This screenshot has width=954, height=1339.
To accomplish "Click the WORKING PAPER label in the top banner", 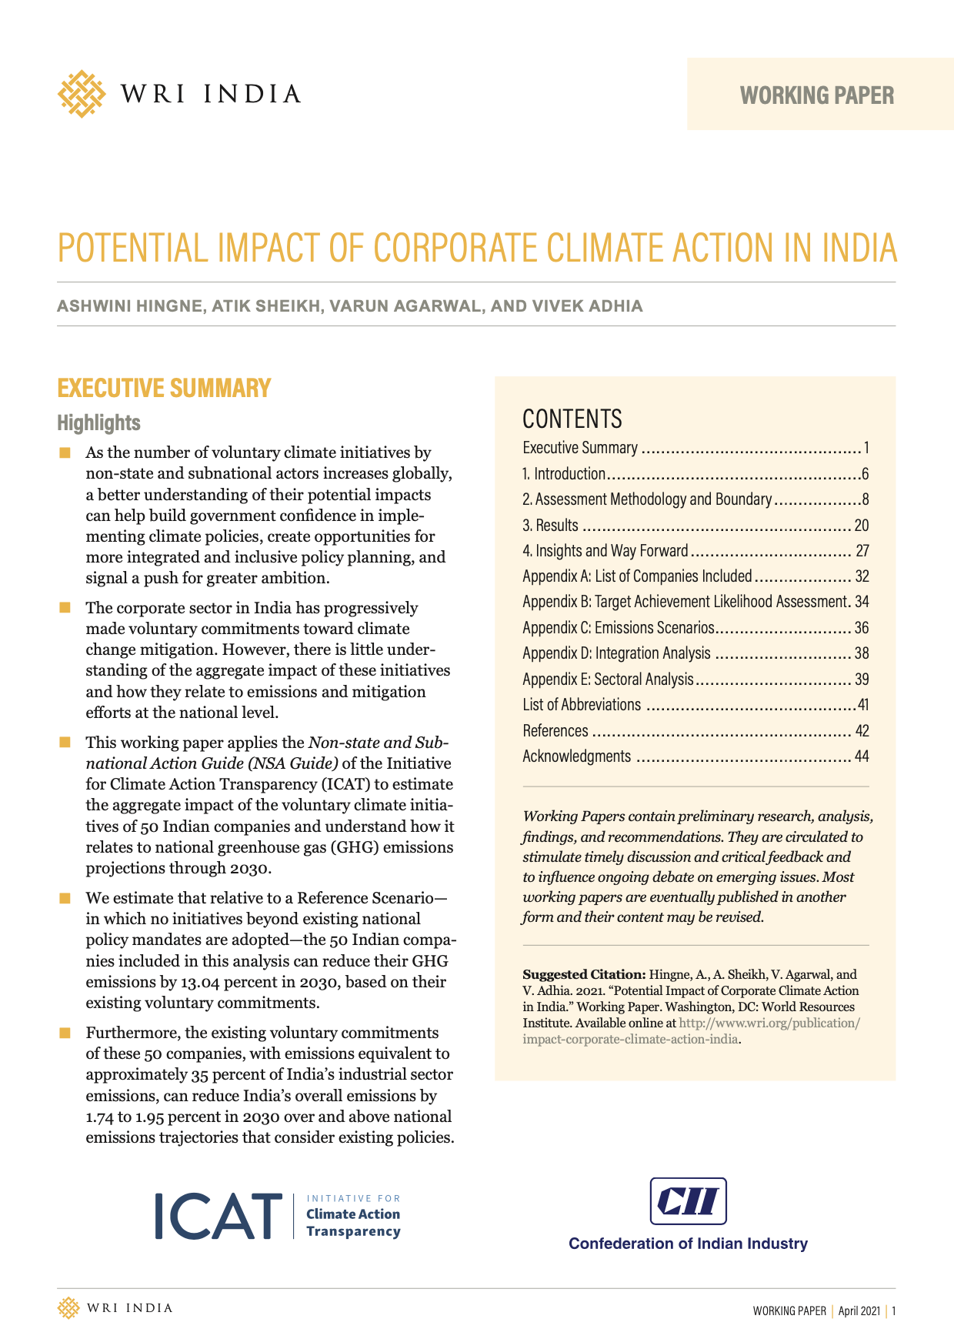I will (817, 95).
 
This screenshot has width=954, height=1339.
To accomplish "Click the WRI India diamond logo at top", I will (81, 94).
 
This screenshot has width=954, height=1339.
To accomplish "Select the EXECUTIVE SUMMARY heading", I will (164, 388).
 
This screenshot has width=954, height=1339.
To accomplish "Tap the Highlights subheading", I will (98, 422).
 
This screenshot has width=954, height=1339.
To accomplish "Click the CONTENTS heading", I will (572, 419).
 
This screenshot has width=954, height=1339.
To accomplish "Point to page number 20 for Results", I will (861, 526).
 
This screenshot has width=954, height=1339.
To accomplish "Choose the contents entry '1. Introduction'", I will (564, 474).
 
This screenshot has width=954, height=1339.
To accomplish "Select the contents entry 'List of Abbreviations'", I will (582, 705).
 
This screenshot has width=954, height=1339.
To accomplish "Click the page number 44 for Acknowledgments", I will (861, 756).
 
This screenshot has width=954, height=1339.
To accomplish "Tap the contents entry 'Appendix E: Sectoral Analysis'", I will (608, 680).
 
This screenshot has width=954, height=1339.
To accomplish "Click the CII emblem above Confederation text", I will (688, 1200).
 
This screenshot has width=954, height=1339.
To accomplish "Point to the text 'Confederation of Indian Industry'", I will (688, 1244).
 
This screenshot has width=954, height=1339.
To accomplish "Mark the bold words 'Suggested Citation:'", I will (584, 974).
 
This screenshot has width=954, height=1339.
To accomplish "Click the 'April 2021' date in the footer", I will (859, 1311).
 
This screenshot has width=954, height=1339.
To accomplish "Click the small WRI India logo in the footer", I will (68, 1308).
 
